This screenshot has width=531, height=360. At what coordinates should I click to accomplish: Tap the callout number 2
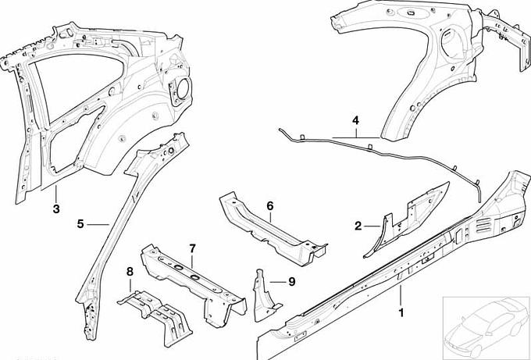(x=358, y=226)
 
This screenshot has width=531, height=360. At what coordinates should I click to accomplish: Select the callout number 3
(x=56, y=209)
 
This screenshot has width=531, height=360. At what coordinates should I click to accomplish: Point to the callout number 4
(x=355, y=120)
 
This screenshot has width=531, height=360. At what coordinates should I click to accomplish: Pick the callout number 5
(x=80, y=224)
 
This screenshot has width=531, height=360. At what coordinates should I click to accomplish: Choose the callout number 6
(x=270, y=206)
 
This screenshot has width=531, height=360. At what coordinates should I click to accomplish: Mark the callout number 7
(x=192, y=249)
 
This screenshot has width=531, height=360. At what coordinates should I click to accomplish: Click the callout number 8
(x=130, y=272)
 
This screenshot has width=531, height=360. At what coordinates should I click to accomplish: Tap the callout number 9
(x=291, y=281)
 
